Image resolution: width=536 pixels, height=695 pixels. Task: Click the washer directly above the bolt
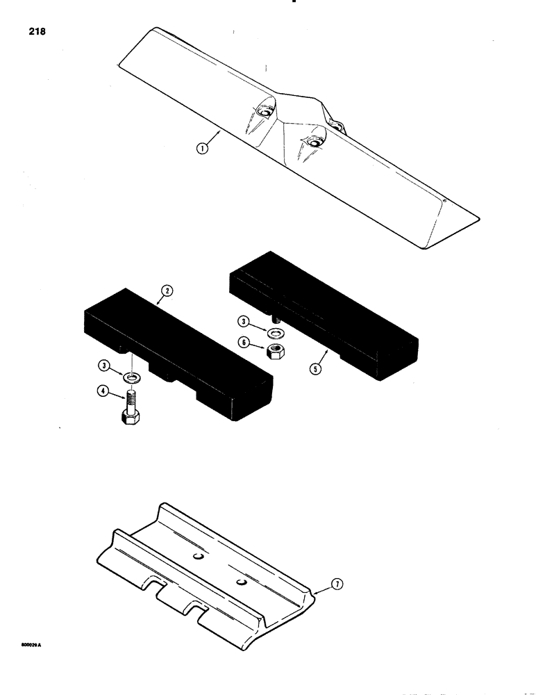(x=131, y=377)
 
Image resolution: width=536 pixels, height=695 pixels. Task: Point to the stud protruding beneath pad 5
(x=275, y=319)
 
